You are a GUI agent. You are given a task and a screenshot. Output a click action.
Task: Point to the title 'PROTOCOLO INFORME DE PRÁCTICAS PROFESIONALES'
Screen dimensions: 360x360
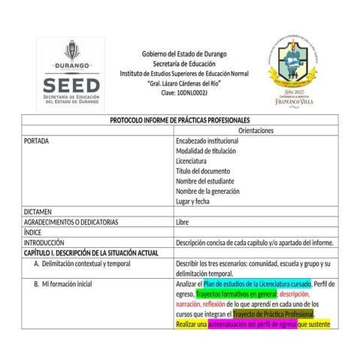click(x=180, y=120)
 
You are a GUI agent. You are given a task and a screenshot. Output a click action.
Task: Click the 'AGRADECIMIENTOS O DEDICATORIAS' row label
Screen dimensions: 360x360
click(x=71, y=222)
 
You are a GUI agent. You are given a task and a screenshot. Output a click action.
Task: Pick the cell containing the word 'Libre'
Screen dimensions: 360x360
click(x=182, y=222)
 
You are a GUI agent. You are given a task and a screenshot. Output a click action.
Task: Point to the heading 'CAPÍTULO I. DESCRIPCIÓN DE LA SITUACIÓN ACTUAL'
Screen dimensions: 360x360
click(x=91, y=253)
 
